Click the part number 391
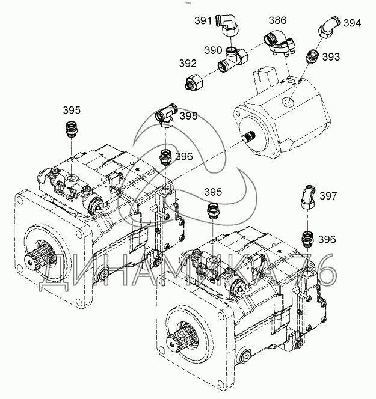pos(203,21)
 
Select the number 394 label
pos(352,23)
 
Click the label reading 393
pos(331,56)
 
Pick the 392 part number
pos(188,62)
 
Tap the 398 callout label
pos(188,116)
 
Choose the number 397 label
pos(328,196)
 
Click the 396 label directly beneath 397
pos(327,239)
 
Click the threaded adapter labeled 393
pos(312,57)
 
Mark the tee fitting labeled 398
pos(166,116)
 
